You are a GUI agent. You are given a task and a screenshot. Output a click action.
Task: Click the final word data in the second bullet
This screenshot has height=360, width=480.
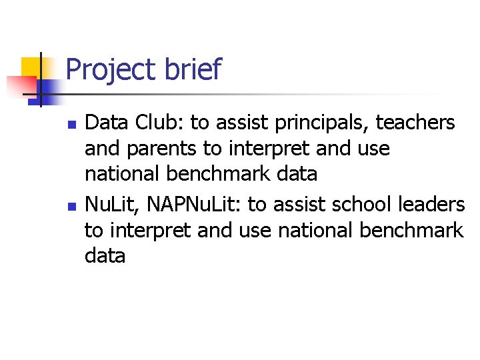pos(105,256)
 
